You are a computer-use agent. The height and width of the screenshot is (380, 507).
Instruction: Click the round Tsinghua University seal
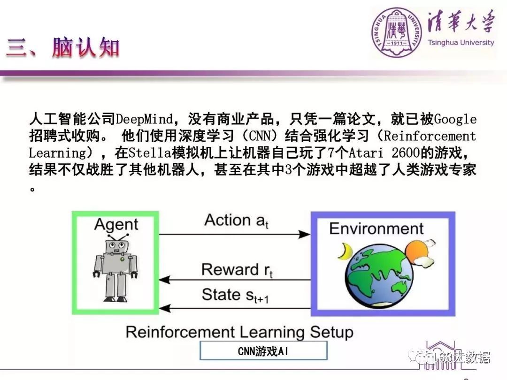(397, 33)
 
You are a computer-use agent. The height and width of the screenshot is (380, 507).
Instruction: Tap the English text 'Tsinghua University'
(461, 43)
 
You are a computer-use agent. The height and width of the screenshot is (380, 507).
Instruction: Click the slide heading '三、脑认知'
(63, 47)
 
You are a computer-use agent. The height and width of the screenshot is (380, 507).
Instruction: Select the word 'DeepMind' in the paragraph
(144, 119)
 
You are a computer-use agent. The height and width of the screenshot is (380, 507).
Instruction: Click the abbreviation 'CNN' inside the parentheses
(260, 136)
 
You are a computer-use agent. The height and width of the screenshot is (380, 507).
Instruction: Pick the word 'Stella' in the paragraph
(150, 152)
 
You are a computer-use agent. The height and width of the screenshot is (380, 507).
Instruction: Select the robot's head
(116, 246)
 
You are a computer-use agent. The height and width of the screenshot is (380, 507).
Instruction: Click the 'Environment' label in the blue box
(376, 228)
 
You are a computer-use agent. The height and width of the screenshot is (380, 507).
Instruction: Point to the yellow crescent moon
(345, 251)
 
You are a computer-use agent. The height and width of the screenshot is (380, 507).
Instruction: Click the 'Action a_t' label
(236, 220)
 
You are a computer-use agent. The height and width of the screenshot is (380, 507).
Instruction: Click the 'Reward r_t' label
(237, 270)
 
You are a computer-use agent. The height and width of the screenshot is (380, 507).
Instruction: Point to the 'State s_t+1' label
(235, 296)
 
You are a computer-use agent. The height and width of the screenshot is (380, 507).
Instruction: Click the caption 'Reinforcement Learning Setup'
(239, 332)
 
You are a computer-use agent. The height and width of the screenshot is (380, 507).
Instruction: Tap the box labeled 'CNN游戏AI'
(263, 350)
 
